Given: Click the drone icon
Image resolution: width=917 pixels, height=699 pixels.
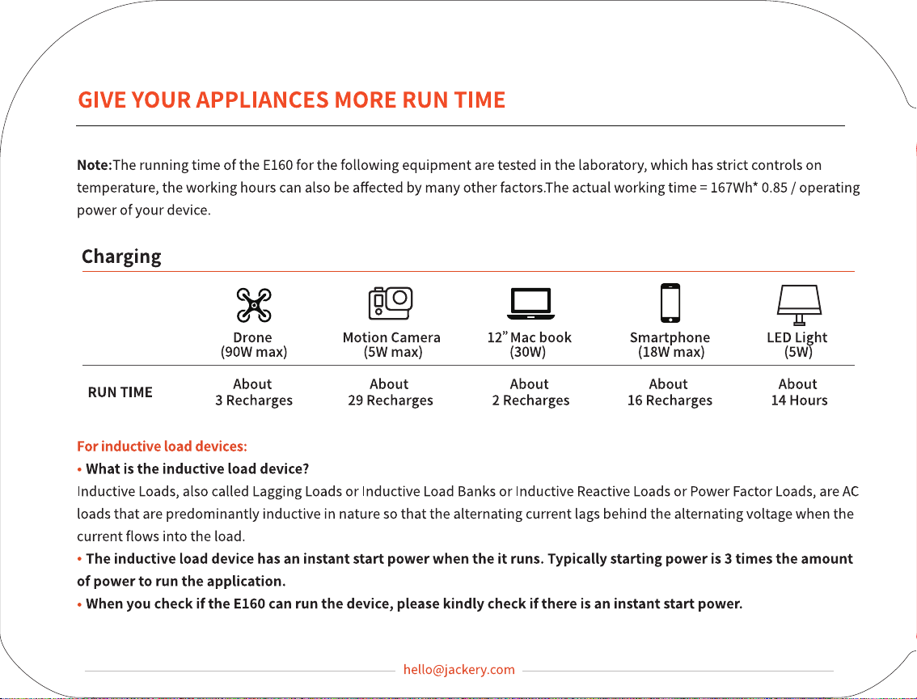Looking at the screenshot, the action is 254,305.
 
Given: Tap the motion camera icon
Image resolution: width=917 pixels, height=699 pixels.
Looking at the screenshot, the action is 391,303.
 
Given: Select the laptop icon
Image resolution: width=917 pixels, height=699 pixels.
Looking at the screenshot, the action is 530,304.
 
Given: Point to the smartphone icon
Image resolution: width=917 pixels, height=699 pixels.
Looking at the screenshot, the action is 670,303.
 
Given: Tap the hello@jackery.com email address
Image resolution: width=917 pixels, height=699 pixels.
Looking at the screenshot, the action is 459,670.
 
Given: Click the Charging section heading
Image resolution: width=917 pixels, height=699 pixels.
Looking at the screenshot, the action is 121,256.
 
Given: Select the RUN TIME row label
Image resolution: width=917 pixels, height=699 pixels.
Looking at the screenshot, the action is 120,392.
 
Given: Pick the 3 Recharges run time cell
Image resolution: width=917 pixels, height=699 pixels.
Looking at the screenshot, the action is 254,392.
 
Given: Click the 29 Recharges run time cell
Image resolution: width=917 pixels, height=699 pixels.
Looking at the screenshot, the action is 390,392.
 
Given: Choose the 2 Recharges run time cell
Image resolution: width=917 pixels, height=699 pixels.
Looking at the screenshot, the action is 530,392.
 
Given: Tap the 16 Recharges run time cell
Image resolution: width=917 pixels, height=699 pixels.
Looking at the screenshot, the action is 670,392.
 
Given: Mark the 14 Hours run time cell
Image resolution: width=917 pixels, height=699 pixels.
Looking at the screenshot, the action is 799,392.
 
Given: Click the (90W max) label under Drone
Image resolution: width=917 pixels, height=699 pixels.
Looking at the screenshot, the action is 254,352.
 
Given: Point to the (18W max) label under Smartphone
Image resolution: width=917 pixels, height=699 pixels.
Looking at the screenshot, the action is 671,352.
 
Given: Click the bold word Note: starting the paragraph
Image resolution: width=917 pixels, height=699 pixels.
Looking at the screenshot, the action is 94,165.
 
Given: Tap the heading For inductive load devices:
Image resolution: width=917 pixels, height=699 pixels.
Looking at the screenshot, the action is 162,447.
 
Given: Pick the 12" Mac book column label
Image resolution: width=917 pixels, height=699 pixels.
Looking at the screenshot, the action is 530,337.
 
